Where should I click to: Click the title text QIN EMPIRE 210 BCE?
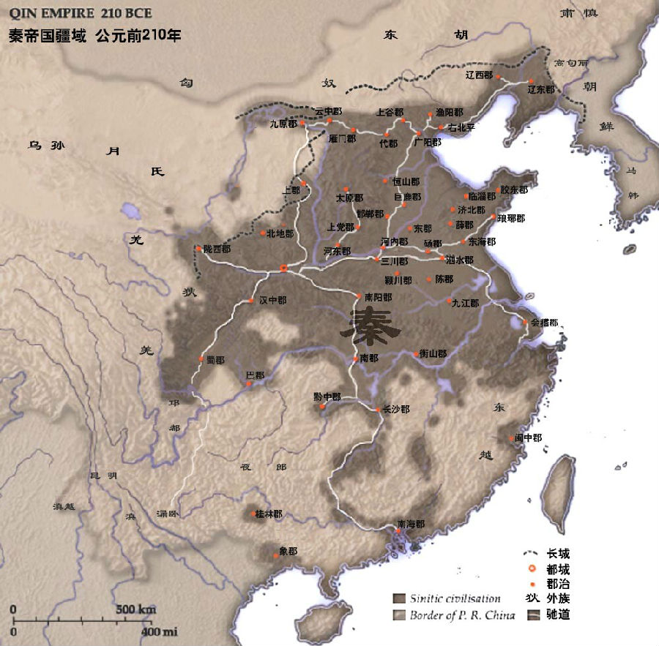tap(81, 14)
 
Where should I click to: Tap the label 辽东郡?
tap(541, 89)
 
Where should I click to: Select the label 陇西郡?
tap(217, 249)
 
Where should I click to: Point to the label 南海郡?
tap(411, 525)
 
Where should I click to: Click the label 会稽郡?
tap(545, 322)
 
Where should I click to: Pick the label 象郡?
tap(288, 552)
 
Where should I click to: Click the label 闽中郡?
tap(528, 437)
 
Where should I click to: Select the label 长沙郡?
tap(396, 410)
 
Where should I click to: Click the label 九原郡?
tap(283, 124)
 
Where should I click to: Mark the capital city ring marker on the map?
tap(284, 269)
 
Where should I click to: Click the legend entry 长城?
tap(558, 554)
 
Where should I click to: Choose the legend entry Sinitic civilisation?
tap(455, 598)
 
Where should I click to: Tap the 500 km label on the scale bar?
tap(135, 609)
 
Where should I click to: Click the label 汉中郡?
tap(272, 301)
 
